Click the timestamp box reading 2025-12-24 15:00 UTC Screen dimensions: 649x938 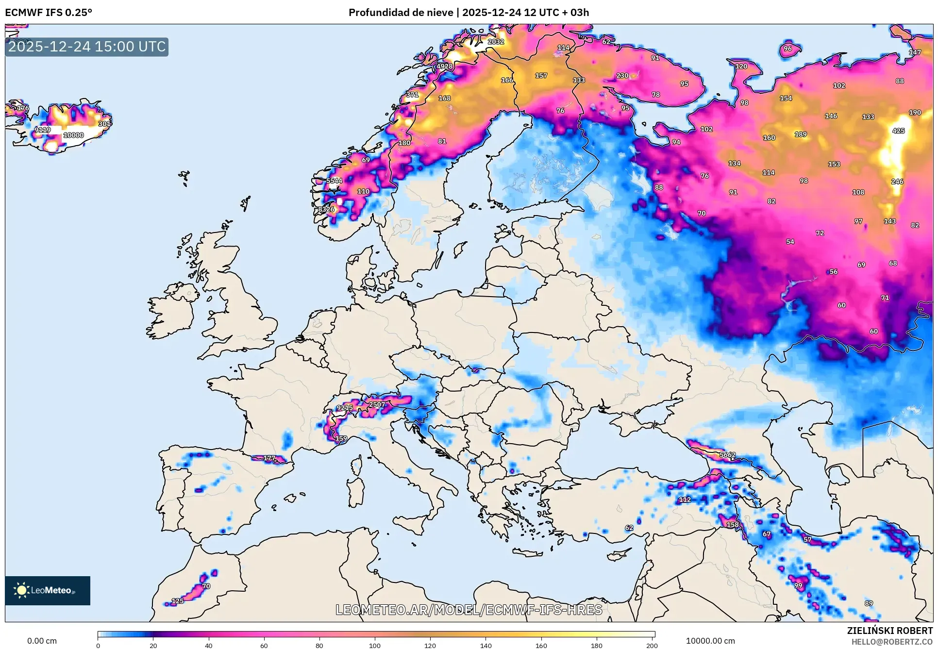click(87, 47)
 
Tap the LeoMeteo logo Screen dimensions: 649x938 click(48, 590)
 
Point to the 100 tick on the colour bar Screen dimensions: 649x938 click(375, 645)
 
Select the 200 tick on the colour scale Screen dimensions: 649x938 click(652, 645)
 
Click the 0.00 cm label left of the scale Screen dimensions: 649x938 click(42, 641)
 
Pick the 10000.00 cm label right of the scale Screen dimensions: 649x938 click(710, 641)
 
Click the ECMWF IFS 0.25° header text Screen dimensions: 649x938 click(49, 13)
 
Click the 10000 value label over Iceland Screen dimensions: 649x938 click(74, 135)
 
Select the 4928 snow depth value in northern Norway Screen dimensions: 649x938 click(445, 67)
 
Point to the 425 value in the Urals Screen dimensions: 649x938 click(898, 131)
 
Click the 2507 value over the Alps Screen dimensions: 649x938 click(377, 404)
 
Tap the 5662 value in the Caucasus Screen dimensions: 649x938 click(727, 455)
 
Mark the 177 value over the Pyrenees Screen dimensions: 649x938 click(269, 458)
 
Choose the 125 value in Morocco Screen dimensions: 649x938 click(178, 601)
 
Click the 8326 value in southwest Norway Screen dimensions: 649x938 click(326, 209)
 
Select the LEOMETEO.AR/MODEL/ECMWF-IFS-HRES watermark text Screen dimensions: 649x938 click(469, 610)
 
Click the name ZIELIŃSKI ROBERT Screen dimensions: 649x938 click(889, 631)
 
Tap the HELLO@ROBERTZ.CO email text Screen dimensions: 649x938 click(892, 642)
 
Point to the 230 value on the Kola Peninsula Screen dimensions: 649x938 click(622, 76)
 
